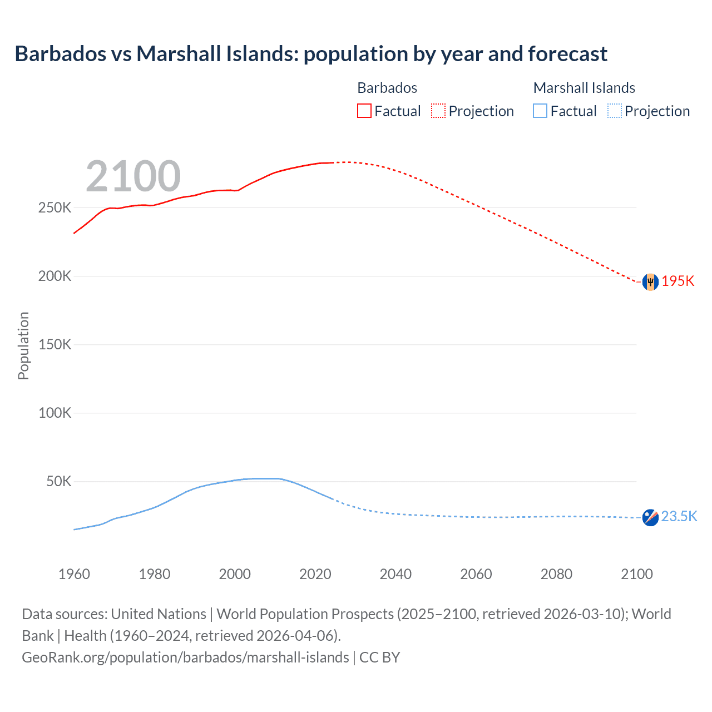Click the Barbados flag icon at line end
click(x=650, y=282)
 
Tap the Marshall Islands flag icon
click(x=650, y=517)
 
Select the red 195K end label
click(x=678, y=281)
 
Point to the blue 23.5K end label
click(x=679, y=516)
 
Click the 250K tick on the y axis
click(x=55, y=208)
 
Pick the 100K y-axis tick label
click(x=55, y=413)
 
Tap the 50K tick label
click(x=58, y=482)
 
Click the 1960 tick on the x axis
click(x=74, y=574)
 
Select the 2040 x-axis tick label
click(x=395, y=574)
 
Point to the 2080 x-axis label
click(x=556, y=574)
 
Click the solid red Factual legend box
click(x=364, y=111)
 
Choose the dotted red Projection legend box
click(x=438, y=111)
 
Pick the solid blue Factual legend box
click(x=540, y=111)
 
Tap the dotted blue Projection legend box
click(x=615, y=111)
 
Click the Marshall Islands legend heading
click(x=584, y=88)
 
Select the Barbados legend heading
click(x=387, y=88)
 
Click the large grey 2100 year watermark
click(x=133, y=176)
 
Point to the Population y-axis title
click(x=23, y=345)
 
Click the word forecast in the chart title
click(x=567, y=54)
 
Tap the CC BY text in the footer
click(x=379, y=657)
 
